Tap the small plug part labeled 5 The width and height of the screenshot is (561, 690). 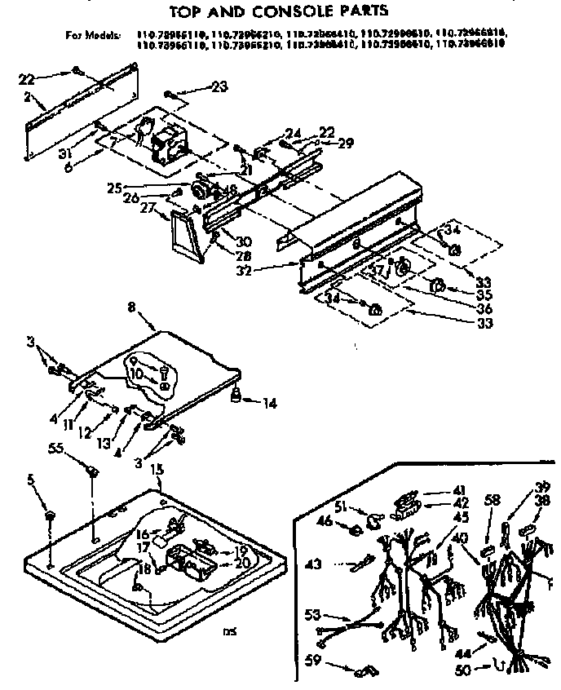coord(50,516)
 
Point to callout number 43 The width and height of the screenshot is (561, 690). coord(314,564)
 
